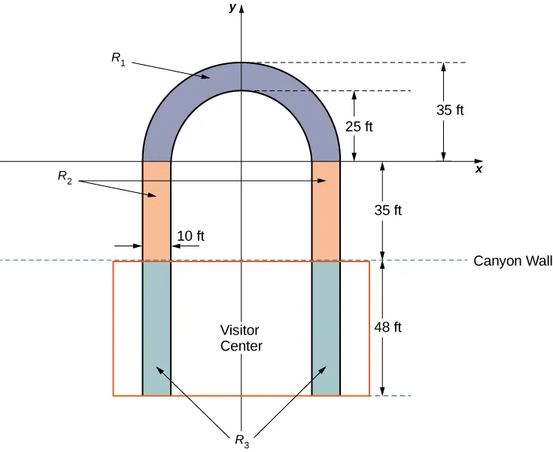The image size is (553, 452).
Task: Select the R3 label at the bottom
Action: (x=241, y=441)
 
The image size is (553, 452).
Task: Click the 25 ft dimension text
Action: (x=359, y=127)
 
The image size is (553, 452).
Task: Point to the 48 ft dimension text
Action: (x=388, y=328)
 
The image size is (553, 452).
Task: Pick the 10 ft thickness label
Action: (x=190, y=237)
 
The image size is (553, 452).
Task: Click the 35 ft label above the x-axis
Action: (x=450, y=110)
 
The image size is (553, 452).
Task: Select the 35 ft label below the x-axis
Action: (x=387, y=211)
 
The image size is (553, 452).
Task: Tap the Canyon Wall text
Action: (x=513, y=261)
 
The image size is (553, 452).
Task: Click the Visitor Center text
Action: (x=241, y=338)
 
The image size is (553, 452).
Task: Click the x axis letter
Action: (x=479, y=169)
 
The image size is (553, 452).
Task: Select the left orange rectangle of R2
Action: (x=156, y=211)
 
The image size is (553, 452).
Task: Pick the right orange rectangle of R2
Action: (x=326, y=211)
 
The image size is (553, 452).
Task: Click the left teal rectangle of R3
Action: (x=156, y=328)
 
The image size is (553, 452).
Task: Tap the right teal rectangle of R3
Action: (x=326, y=328)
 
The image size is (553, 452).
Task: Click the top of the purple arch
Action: (x=241, y=76)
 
